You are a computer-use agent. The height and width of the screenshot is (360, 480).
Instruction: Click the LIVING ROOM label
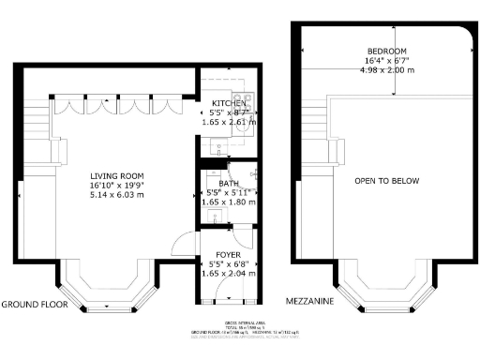click(116, 175)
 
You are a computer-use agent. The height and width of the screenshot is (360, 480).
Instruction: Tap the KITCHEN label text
click(230, 103)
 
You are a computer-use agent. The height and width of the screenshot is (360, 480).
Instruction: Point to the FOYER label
click(230, 255)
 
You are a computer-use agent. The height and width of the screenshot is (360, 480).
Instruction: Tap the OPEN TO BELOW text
click(386, 181)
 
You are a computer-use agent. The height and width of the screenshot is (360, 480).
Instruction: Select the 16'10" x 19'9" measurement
click(116, 186)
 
